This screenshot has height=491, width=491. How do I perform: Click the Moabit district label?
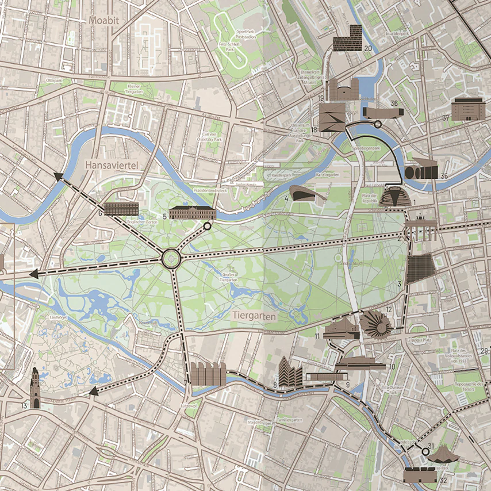coord(104,21)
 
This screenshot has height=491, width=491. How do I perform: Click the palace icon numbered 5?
coord(191,212)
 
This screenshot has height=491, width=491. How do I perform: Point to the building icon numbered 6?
coord(121,209)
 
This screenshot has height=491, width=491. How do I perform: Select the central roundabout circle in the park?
coord(171,258)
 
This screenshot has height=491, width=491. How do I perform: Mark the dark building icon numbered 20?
coord(347,38)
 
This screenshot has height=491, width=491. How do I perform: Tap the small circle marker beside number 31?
coord(425,452)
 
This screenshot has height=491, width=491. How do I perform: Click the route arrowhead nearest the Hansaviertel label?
coord(59,177)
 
